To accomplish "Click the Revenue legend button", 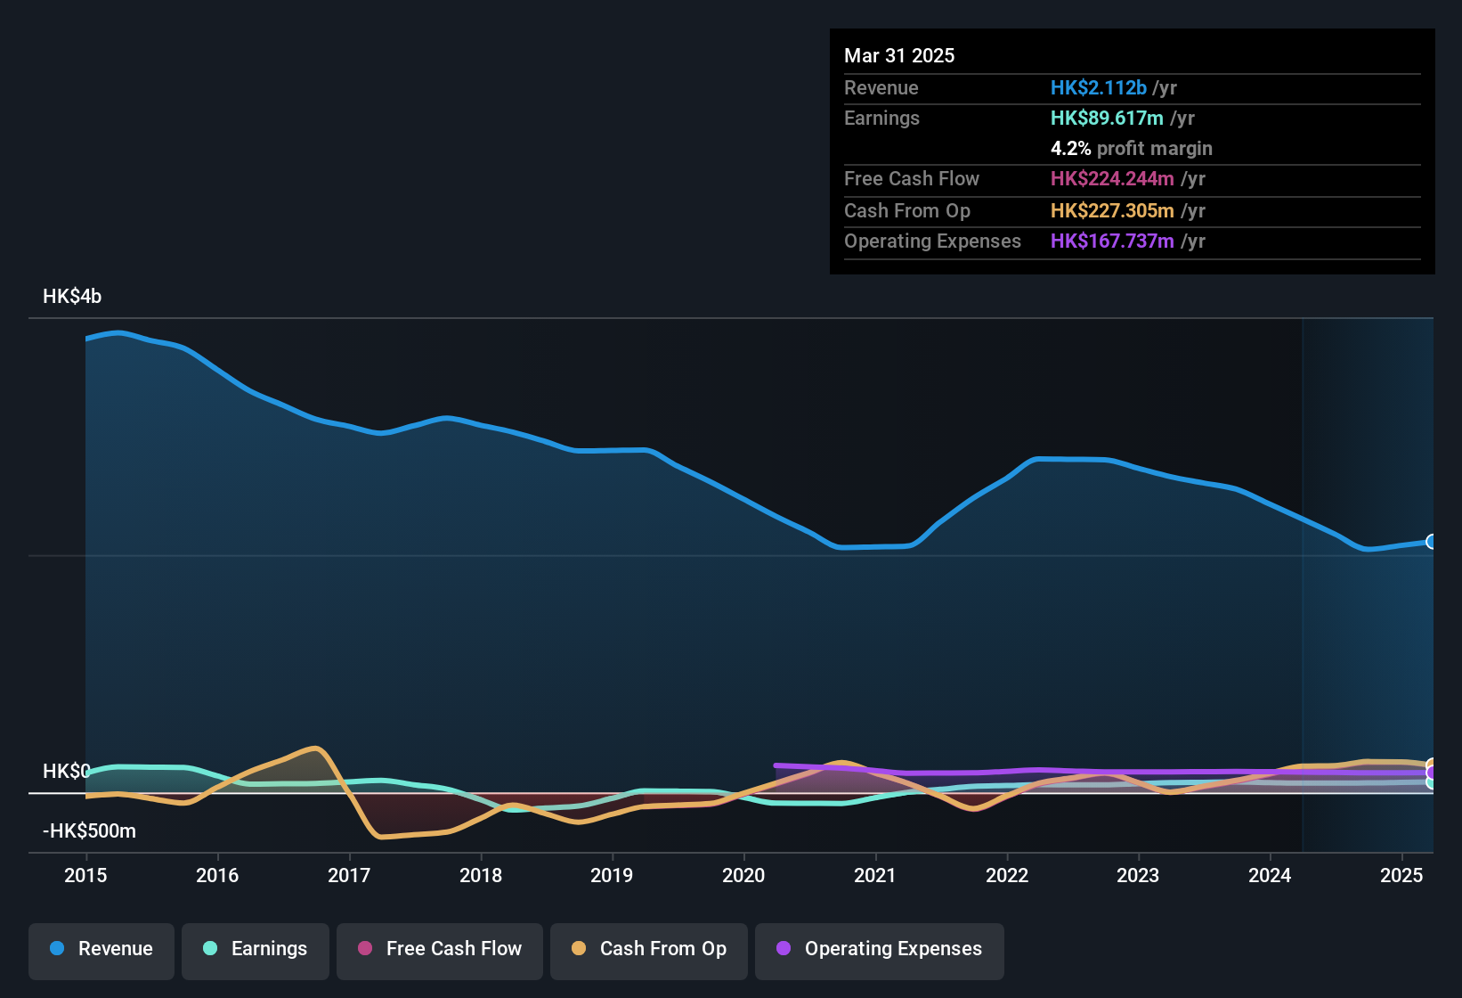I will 102,949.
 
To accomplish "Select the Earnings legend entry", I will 256,949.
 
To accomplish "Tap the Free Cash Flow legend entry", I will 440,949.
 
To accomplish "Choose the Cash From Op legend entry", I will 649,949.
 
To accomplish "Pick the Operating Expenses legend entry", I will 880,949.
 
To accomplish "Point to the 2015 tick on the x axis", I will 85,875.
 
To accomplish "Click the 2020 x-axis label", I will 743,875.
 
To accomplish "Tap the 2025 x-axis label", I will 1401,875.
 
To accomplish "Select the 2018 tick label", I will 481,875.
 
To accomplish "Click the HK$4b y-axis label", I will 72,297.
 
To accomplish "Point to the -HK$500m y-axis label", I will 89,831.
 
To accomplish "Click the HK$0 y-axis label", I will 66,772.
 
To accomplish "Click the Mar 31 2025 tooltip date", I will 899,56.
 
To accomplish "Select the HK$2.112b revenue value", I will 1099,88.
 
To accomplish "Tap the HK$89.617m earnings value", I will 1107,119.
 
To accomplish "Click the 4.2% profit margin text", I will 1131,149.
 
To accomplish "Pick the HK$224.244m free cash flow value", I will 1112,179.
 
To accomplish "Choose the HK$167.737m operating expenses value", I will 1112,241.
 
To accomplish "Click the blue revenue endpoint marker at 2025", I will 1431,542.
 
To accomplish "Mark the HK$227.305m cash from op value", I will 1112,211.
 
